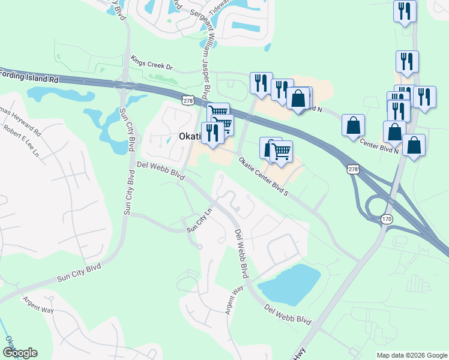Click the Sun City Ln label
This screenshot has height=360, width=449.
click(200, 221)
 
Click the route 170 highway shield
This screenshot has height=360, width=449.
click(387, 220)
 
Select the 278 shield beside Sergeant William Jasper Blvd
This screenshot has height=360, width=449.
click(188, 101)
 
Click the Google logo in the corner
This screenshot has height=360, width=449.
click(20, 353)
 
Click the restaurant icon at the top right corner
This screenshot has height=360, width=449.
click(405, 11)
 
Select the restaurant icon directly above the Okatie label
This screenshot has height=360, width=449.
click(212, 133)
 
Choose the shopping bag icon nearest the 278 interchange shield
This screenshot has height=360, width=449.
click(354, 125)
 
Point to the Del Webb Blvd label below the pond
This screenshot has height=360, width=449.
click(288, 315)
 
